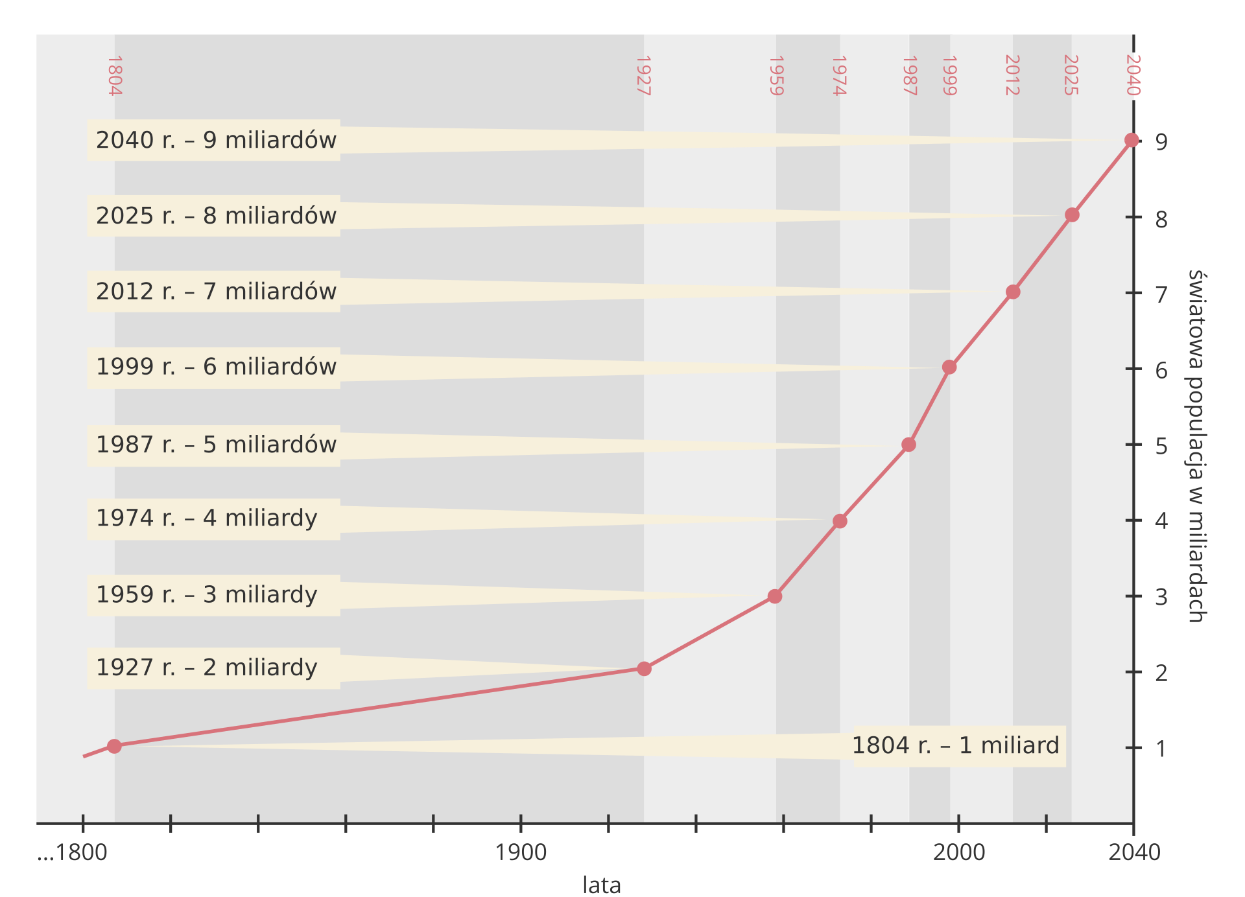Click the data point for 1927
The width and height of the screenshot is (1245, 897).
click(x=643, y=668)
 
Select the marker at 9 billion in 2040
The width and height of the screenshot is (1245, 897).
click(x=1132, y=140)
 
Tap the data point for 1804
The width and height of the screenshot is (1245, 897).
click(x=114, y=746)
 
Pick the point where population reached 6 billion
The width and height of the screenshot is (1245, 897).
click(x=949, y=367)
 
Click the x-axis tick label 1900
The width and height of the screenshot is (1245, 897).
click(x=521, y=852)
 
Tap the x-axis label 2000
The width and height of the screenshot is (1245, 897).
click(x=958, y=852)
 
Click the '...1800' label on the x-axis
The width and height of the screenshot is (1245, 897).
click(x=73, y=852)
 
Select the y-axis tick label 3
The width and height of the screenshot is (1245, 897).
click(x=1161, y=597)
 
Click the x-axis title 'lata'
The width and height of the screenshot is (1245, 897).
click(x=602, y=885)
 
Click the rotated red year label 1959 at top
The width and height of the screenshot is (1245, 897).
click(x=776, y=76)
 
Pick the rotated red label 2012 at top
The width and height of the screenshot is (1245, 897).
click(x=1012, y=75)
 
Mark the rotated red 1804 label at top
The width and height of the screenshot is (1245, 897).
click(x=114, y=76)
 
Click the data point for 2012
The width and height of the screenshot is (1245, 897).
click(x=1013, y=292)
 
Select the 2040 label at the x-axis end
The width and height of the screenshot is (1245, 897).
click(x=1134, y=852)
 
